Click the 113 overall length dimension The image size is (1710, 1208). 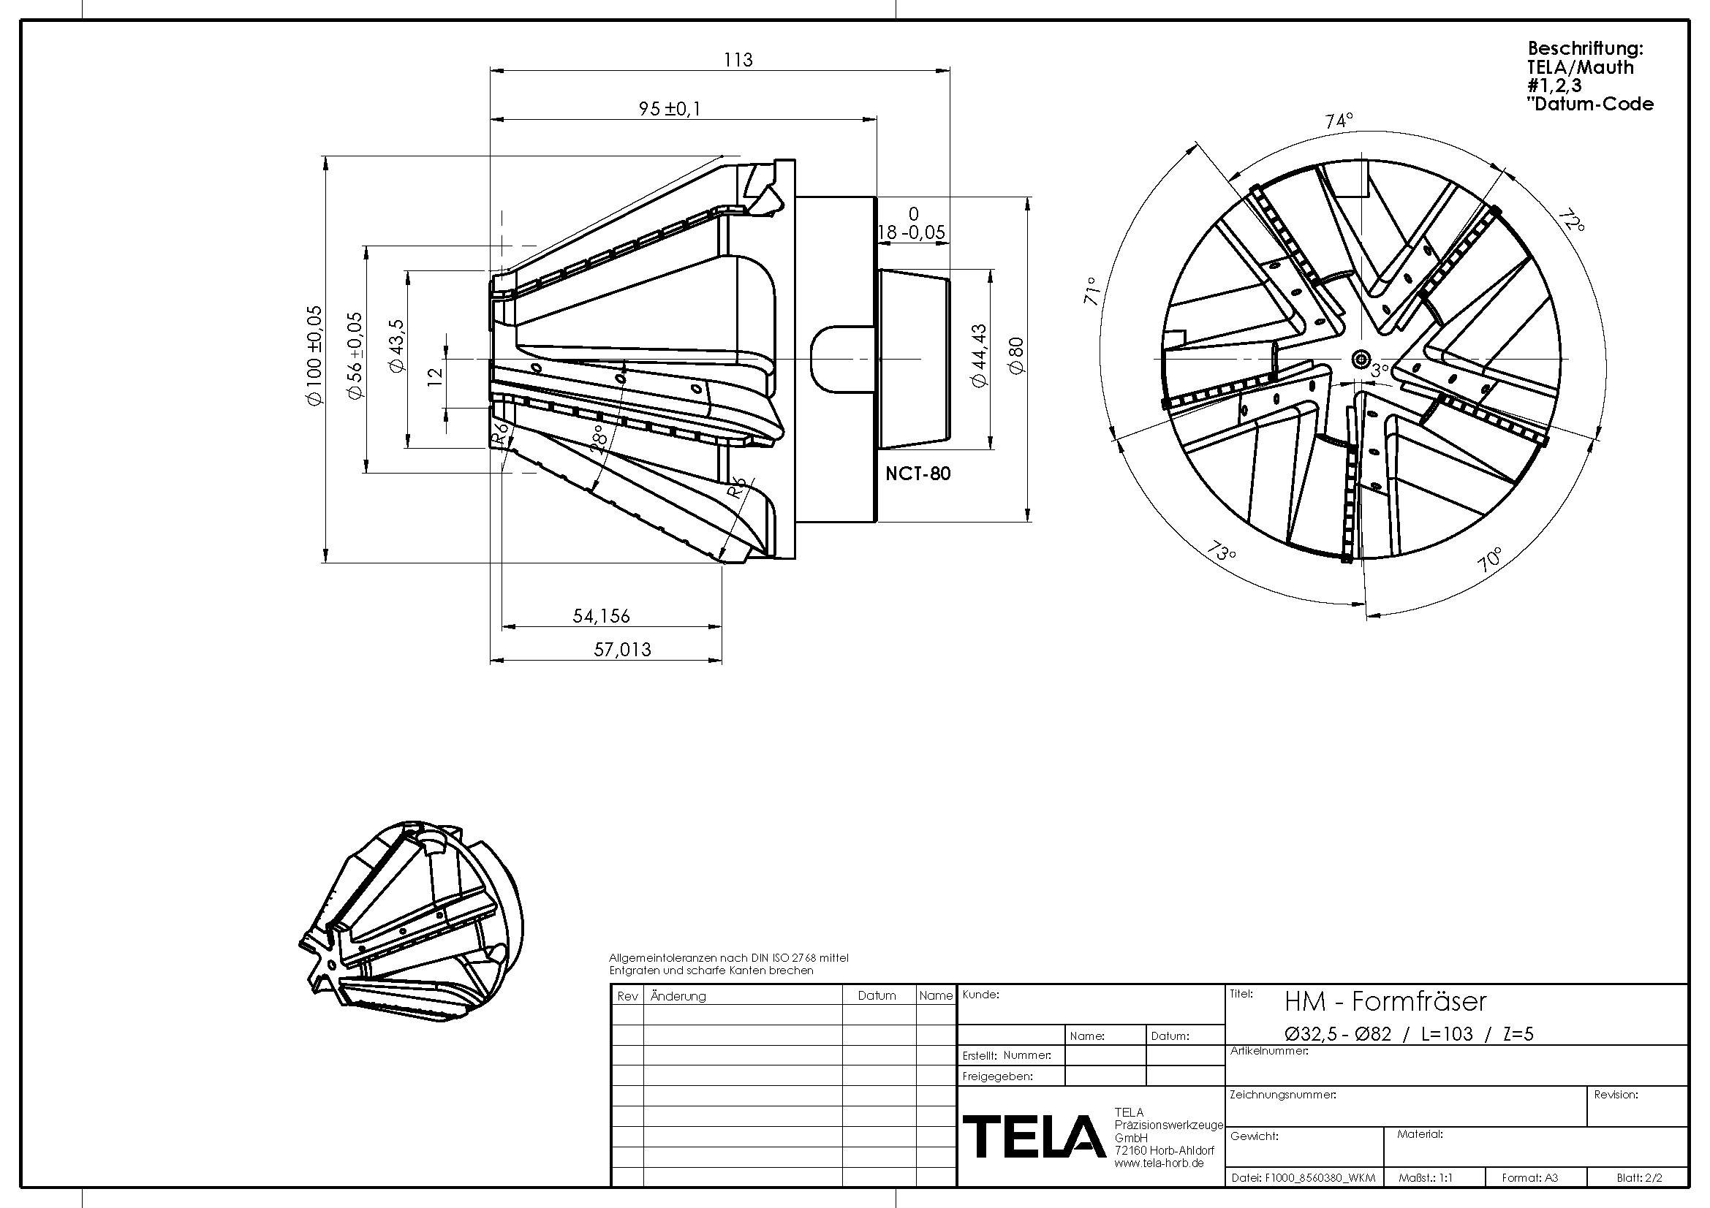pyautogui.click(x=738, y=59)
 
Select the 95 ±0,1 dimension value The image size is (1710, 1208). pyautogui.click(x=670, y=109)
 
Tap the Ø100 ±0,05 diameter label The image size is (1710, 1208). pyautogui.click(x=314, y=355)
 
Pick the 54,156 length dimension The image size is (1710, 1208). pyautogui.click(x=601, y=616)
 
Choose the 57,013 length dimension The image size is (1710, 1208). pyautogui.click(x=622, y=650)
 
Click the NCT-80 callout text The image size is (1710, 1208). pyautogui.click(x=918, y=474)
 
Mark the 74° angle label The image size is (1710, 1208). pyautogui.click(x=1339, y=121)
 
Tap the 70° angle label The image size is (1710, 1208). pyautogui.click(x=1489, y=559)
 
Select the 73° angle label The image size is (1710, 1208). pyautogui.click(x=1222, y=552)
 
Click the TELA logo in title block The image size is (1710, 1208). pyautogui.click(x=1034, y=1136)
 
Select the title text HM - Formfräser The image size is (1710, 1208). pyautogui.click(x=1385, y=1002)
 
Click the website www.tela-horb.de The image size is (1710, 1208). pyautogui.click(x=1159, y=1163)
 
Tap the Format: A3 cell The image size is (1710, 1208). pyautogui.click(x=1529, y=1178)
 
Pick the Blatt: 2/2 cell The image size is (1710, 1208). pyautogui.click(x=1639, y=1178)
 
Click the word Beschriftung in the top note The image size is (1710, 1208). pyautogui.click(x=1585, y=48)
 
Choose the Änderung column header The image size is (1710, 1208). pyautogui.click(x=678, y=996)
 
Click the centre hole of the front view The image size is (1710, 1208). pyautogui.click(x=1361, y=359)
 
